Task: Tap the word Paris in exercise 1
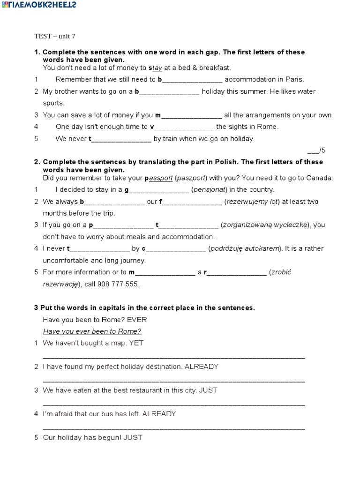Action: point(294,79)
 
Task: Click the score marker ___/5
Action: point(316,150)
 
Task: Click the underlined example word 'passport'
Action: point(160,178)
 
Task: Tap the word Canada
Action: point(320,178)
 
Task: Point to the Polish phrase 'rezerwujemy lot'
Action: point(253,202)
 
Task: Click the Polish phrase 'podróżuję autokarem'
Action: point(246,248)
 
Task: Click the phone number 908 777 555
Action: point(119,284)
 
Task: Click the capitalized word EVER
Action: point(137,320)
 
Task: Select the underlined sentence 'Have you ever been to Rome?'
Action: point(92,331)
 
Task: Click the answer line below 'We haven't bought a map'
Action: point(173,358)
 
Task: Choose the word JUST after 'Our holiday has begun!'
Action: point(133,438)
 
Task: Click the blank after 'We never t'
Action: point(121,139)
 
